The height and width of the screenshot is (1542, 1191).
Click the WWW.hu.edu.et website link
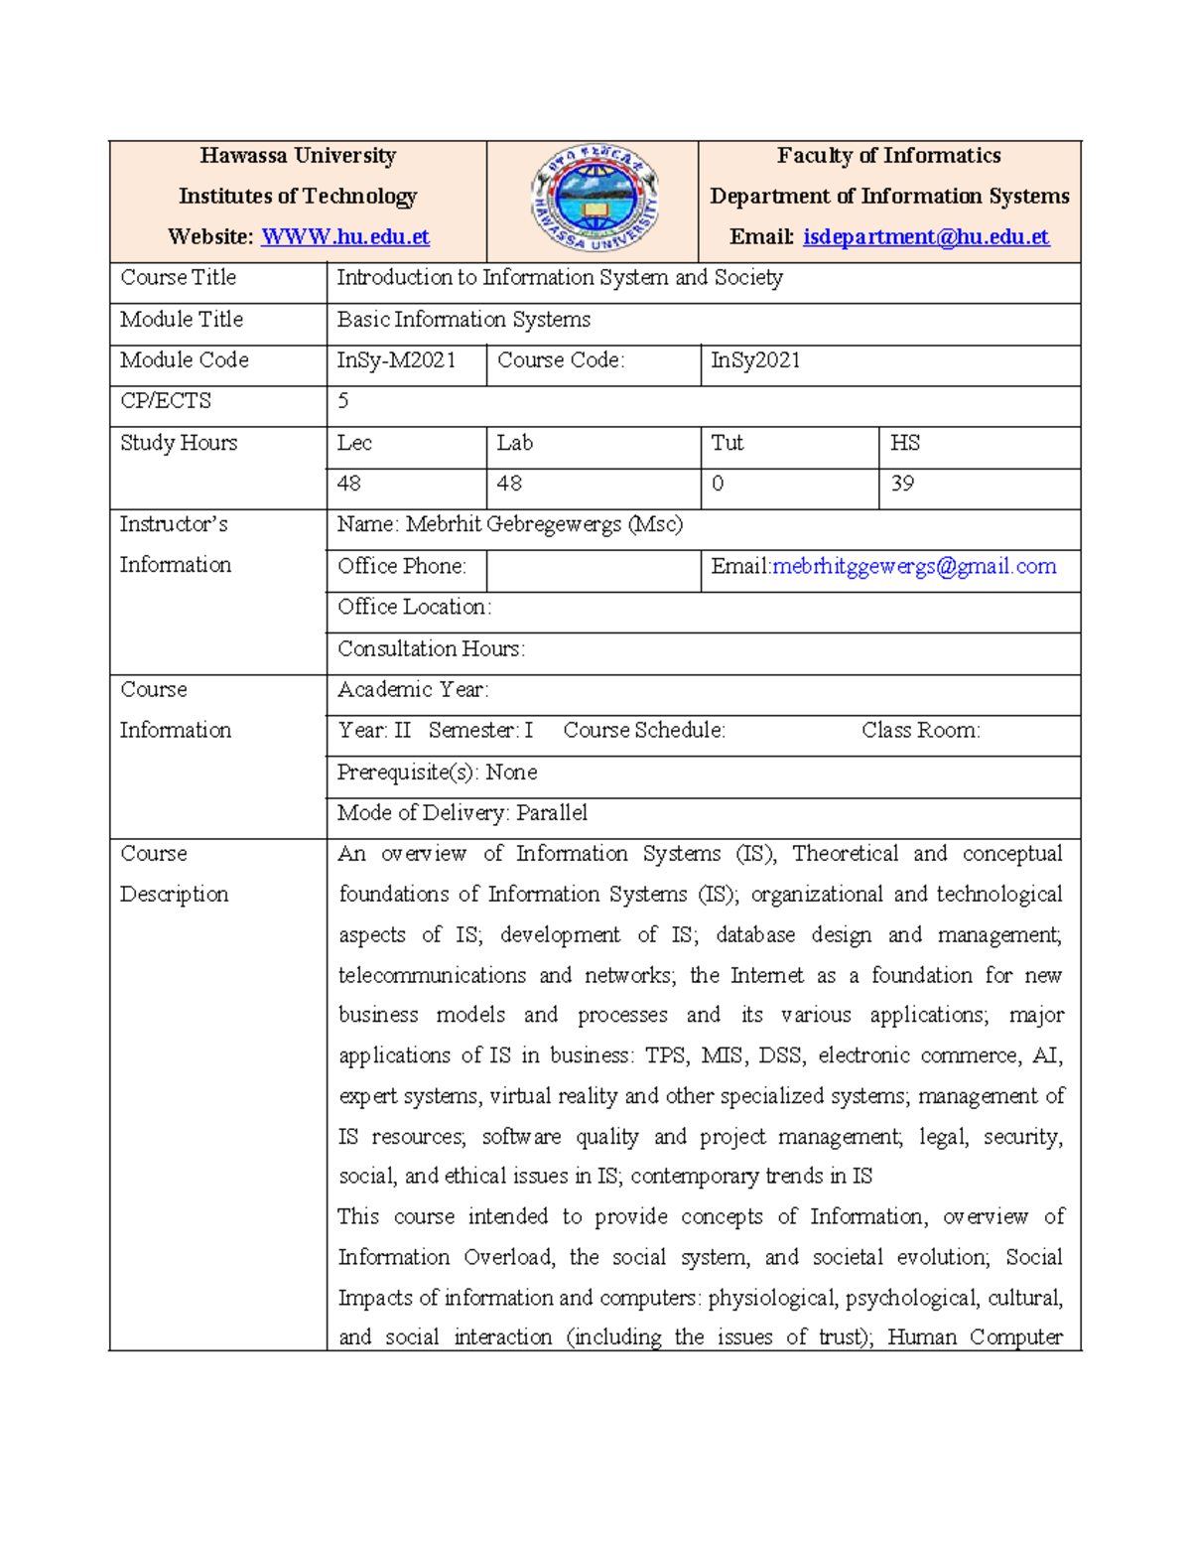344,237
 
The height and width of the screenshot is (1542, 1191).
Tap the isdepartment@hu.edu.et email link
925,237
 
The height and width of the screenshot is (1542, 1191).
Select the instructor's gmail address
913,566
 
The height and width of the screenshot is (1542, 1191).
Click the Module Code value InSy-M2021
396,360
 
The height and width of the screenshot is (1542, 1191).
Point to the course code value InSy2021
755,360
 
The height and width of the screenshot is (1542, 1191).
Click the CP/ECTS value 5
343,401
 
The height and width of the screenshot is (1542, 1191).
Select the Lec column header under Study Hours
354,443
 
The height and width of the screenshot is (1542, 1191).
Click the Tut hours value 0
718,484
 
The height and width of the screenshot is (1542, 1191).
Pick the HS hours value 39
901,484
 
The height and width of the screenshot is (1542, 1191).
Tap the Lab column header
514,443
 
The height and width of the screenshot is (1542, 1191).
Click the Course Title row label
179,278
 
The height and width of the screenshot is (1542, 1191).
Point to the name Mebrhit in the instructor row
444,524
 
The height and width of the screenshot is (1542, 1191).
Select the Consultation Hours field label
431,648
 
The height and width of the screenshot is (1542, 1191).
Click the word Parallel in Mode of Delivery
552,813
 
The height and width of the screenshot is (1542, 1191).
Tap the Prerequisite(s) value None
511,771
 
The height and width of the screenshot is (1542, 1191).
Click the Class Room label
920,731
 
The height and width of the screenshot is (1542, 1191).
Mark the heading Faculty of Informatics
888,156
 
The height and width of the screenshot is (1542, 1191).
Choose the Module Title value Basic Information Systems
463,320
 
